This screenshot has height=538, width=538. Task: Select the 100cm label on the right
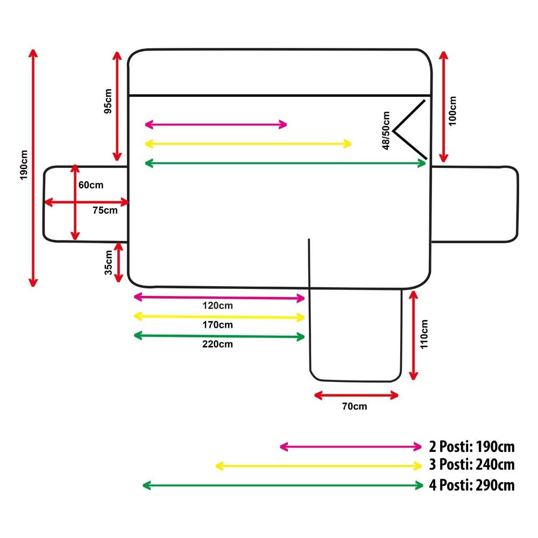pyautogui.click(x=452, y=111)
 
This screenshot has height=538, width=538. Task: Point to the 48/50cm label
pyautogui.click(x=386, y=131)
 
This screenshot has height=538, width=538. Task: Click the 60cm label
pyautogui.click(x=91, y=185)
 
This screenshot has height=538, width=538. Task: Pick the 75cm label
pyautogui.click(x=105, y=210)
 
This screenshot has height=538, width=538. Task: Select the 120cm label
pyautogui.click(x=218, y=306)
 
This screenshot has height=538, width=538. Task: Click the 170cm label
pyautogui.click(x=218, y=325)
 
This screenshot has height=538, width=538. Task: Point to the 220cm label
pyautogui.click(x=218, y=344)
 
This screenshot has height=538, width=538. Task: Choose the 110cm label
pyautogui.click(x=424, y=334)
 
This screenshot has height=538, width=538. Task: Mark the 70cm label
pyautogui.click(x=355, y=406)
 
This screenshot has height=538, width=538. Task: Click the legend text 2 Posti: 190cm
pyautogui.click(x=472, y=447)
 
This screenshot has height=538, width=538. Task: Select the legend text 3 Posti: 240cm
pyautogui.click(x=472, y=465)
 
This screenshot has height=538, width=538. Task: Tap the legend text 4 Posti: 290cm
pyautogui.click(x=472, y=485)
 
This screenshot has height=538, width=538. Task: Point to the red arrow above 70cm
pyautogui.click(x=356, y=395)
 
